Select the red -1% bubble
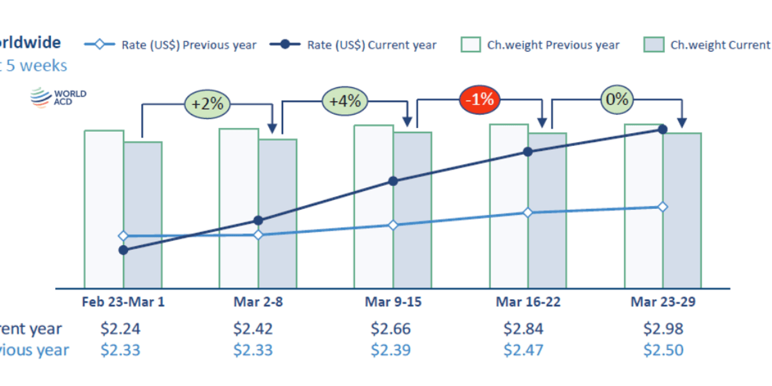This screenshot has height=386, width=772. (479, 99)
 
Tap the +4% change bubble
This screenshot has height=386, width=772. (345, 101)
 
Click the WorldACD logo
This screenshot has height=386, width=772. (58, 98)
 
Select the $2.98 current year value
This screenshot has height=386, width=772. (663, 329)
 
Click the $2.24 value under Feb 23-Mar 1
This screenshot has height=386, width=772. (120, 329)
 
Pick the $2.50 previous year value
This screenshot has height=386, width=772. (663, 350)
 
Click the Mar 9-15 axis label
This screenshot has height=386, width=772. (393, 302)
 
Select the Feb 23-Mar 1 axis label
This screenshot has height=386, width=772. (123, 302)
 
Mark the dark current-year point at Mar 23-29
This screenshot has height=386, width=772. (663, 129)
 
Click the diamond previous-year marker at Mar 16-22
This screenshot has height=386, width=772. (528, 212)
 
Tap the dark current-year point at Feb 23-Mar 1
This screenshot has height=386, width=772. (123, 250)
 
